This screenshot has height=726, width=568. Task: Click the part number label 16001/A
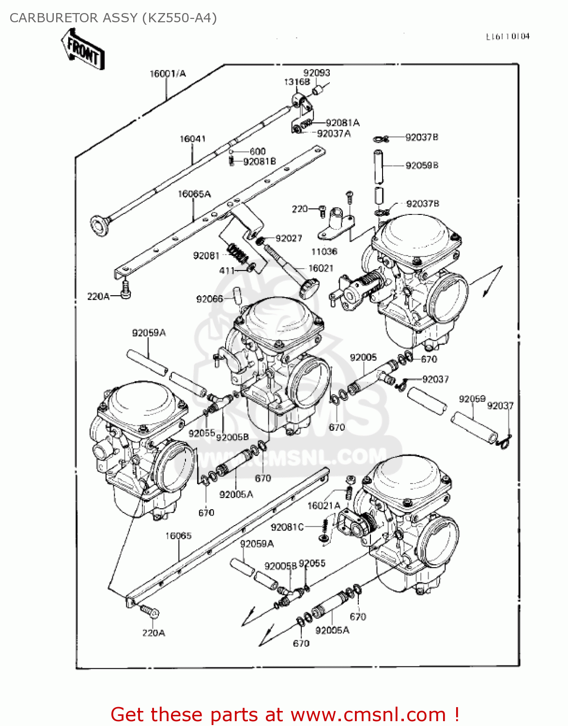pyautogui.click(x=168, y=74)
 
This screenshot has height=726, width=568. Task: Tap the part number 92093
pyautogui.click(x=317, y=73)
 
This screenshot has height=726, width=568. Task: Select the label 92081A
pyautogui.click(x=342, y=123)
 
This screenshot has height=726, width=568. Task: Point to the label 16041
pyautogui.click(x=192, y=139)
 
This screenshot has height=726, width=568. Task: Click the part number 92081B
pyautogui.click(x=259, y=161)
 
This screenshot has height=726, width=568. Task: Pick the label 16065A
pyautogui.click(x=194, y=194)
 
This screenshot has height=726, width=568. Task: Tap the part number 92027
pyautogui.click(x=289, y=238)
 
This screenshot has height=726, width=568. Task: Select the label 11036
pyautogui.click(x=324, y=252)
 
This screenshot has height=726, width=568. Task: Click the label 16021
pyautogui.click(x=321, y=268)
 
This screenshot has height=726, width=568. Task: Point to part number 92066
pyautogui.click(x=209, y=299)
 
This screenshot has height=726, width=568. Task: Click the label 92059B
pyautogui.click(x=422, y=166)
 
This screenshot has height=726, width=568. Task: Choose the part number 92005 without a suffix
pyautogui.click(x=363, y=357)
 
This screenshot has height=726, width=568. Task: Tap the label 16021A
pyautogui.click(x=324, y=506)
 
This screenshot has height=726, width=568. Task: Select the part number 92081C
pyautogui.click(x=287, y=527)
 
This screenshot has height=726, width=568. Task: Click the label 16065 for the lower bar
pyautogui.click(x=178, y=536)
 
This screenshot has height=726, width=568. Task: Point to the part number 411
pyautogui.click(x=227, y=271)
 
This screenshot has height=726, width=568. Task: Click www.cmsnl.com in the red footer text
pyautogui.click(x=368, y=715)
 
